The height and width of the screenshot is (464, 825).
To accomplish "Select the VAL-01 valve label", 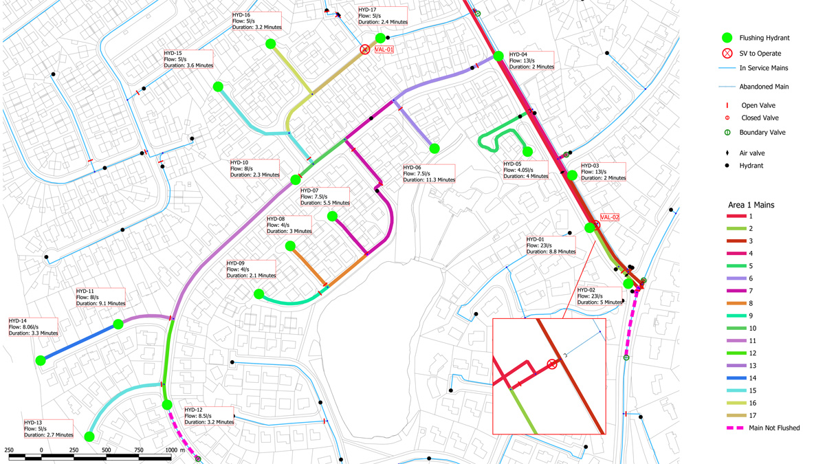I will coord(384,49).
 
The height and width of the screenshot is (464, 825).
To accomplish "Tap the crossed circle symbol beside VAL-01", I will coord(365,49).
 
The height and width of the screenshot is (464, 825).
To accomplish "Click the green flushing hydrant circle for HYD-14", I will coord(41,360).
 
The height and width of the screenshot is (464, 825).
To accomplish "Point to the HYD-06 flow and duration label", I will coord(429,173).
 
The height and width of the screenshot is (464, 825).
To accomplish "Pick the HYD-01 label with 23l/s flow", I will coord(551,245).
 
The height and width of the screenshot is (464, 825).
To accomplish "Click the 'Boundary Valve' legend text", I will coord(762,132).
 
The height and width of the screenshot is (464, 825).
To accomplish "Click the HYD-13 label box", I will coord(48,429).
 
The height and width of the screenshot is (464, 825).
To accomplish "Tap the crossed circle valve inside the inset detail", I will coord(551,364).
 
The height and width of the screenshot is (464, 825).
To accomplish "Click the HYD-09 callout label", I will coord(251,269).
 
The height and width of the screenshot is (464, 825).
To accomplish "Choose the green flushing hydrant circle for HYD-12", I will coord(167,405).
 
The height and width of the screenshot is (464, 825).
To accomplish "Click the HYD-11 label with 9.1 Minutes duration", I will coord(100,297).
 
